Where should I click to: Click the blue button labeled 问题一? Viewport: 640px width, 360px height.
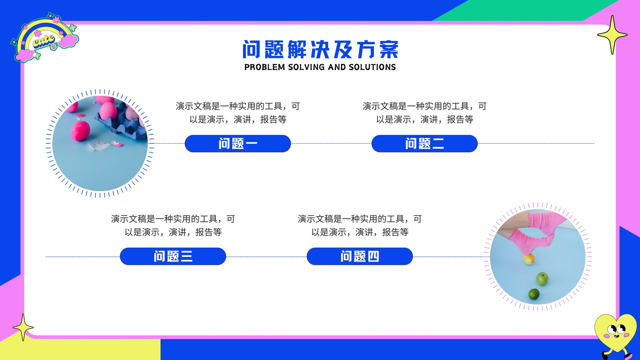click(x=238, y=144)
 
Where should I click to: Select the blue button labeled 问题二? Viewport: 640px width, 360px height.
click(x=424, y=144)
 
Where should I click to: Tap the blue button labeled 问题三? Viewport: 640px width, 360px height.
click(x=173, y=256)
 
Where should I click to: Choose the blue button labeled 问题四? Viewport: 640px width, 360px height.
click(x=360, y=256)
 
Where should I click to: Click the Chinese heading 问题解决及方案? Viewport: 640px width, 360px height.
click(x=320, y=50)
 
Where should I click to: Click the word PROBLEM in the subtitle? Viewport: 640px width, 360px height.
click(x=264, y=67)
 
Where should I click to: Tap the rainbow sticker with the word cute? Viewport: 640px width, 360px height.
click(x=44, y=38)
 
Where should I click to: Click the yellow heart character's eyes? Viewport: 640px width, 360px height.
click(x=616, y=330)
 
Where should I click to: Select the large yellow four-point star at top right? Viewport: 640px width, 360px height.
click(x=612, y=35)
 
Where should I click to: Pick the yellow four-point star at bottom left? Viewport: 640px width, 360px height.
click(x=23, y=328)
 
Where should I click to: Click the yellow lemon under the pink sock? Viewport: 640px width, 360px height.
click(x=529, y=259)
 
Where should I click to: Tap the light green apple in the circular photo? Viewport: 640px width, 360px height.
click(x=542, y=279)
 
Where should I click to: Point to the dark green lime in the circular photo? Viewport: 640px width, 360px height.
click(x=534, y=294)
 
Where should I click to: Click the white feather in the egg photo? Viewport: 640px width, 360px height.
click(x=98, y=146)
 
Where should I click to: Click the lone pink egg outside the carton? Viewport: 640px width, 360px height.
click(x=80, y=131)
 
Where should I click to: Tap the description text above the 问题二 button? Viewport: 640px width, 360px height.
click(x=424, y=112)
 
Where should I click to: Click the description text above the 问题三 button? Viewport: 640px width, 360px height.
click(x=173, y=226)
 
